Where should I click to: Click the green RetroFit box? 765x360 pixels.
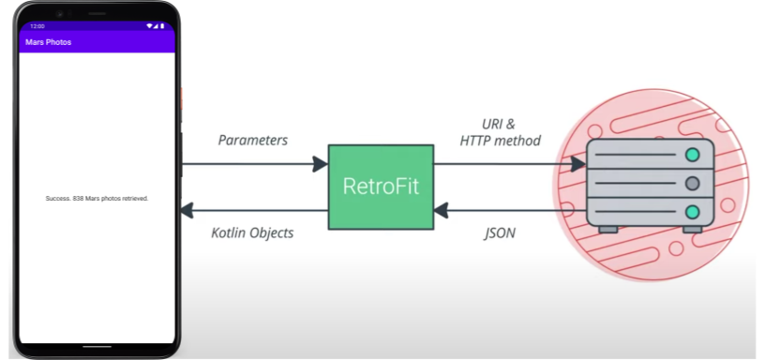click(x=381, y=187)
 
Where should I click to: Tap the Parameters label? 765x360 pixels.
click(x=253, y=141)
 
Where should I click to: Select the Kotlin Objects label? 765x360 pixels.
click(x=252, y=232)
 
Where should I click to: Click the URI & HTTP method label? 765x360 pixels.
click(x=500, y=133)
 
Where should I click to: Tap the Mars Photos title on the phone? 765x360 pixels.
click(x=48, y=42)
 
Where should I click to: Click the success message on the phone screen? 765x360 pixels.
click(x=97, y=199)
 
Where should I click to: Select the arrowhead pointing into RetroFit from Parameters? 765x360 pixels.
click(x=321, y=164)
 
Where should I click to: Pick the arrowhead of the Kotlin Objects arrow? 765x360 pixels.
click(x=188, y=210)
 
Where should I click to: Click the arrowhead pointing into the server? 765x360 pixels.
click(x=579, y=164)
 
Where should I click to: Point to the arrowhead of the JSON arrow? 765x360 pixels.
click(x=441, y=210)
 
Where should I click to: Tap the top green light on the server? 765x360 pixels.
click(x=693, y=155)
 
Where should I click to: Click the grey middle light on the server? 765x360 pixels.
click(x=693, y=183)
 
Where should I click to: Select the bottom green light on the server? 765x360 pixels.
click(x=693, y=212)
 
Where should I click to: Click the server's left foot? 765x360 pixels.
click(x=608, y=229)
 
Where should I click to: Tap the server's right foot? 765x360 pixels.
click(x=692, y=229)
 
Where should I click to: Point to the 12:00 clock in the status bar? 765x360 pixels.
click(x=37, y=26)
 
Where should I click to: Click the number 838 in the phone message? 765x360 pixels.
click(x=77, y=199)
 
